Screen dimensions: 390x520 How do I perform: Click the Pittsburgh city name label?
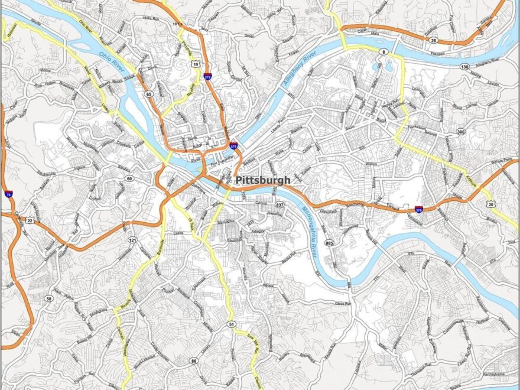tap(262, 180)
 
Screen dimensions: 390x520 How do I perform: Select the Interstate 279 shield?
tap(207, 76)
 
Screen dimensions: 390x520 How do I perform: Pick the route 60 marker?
tap(128, 178)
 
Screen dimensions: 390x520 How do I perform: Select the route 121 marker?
tap(132, 240)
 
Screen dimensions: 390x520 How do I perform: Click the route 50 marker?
tap(48, 298)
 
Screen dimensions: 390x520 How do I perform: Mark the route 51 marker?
tap(232, 324)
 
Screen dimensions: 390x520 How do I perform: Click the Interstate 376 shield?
tap(418, 209)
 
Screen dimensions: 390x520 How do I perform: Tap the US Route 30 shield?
tap(492, 204)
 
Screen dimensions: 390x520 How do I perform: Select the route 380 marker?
tap(460, 132)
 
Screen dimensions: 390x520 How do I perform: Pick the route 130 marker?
tap(465, 67)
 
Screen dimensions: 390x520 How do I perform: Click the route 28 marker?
tap(434, 40)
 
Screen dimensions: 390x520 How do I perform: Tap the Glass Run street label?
tap(343, 304)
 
